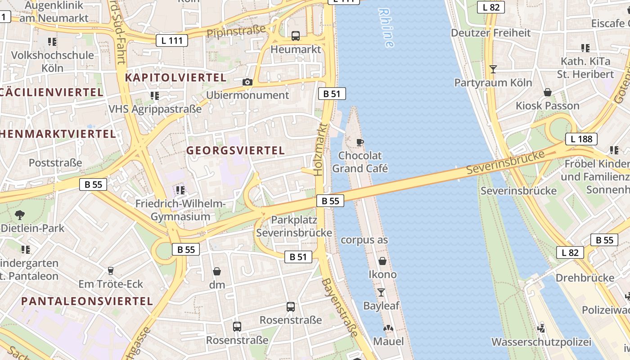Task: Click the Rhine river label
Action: click(386, 28)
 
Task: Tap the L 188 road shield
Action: click(581, 139)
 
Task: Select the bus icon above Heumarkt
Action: click(296, 36)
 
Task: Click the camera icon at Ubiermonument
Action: click(247, 82)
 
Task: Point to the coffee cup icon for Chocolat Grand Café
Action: click(360, 142)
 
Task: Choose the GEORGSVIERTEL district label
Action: click(236, 150)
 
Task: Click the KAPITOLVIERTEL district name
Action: click(175, 77)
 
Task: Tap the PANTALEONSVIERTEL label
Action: click(87, 301)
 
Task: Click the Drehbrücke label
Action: click(585, 278)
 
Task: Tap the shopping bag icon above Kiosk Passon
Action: click(548, 93)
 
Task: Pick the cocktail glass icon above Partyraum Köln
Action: click(493, 69)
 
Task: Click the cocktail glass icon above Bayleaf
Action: click(381, 292)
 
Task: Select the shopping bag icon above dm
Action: click(217, 271)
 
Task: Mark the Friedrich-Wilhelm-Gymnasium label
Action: click(180, 210)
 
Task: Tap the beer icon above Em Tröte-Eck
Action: click(110, 271)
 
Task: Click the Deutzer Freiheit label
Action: click(490, 33)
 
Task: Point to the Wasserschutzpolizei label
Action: click(541, 342)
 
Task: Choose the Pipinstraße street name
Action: click(236, 31)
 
